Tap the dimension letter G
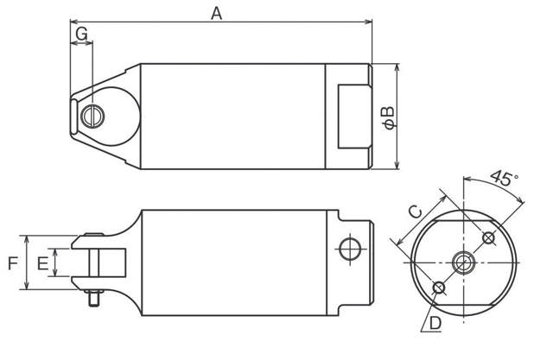pyautogui.click(x=81, y=34)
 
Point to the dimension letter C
pyautogui.click(x=414, y=210)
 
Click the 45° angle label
pyautogui.click(x=504, y=180)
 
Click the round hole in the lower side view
pyautogui.click(x=350, y=249)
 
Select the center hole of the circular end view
pyautogui.click(x=465, y=262)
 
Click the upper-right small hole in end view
pyautogui.click(x=489, y=237)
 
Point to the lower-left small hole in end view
pyautogui.click(x=440, y=287)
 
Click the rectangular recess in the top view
pyautogui.click(x=352, y=116)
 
